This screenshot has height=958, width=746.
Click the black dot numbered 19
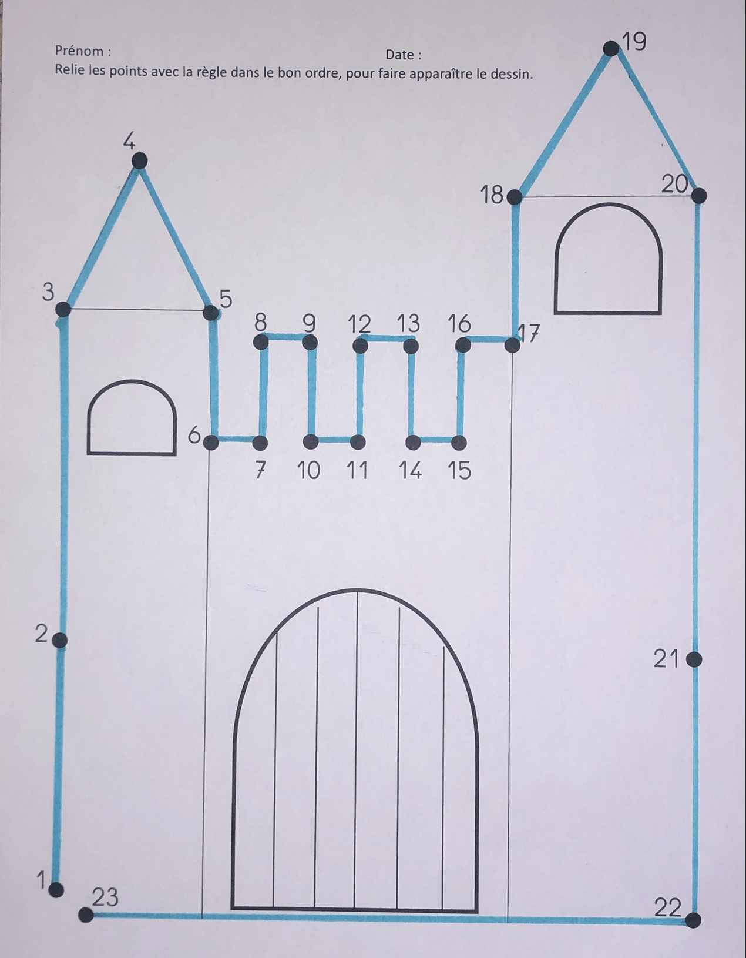(x=611, y=48)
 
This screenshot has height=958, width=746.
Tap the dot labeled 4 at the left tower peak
(x=139, y=161)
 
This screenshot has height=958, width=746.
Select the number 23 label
(x=105, y=897)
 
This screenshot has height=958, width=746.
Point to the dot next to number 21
(x=694, y=660)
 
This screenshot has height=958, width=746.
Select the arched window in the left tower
(x=132, y=453)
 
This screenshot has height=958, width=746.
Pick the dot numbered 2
(x=59, y=640)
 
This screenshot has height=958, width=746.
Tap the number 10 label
(x=308, y=470)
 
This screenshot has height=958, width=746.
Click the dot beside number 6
(x=211, y=442)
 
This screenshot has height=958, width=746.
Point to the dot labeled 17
(x=512, y=344)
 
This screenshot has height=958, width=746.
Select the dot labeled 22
(x=693, y=920)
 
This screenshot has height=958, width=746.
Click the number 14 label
(x=410, y=470)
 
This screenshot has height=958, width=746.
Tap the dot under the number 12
(x=361, y=346)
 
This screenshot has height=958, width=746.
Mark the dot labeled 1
(x=56, y=890)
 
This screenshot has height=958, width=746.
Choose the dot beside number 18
(x=514, y=197)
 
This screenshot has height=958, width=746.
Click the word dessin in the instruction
(x=510, y=73)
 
